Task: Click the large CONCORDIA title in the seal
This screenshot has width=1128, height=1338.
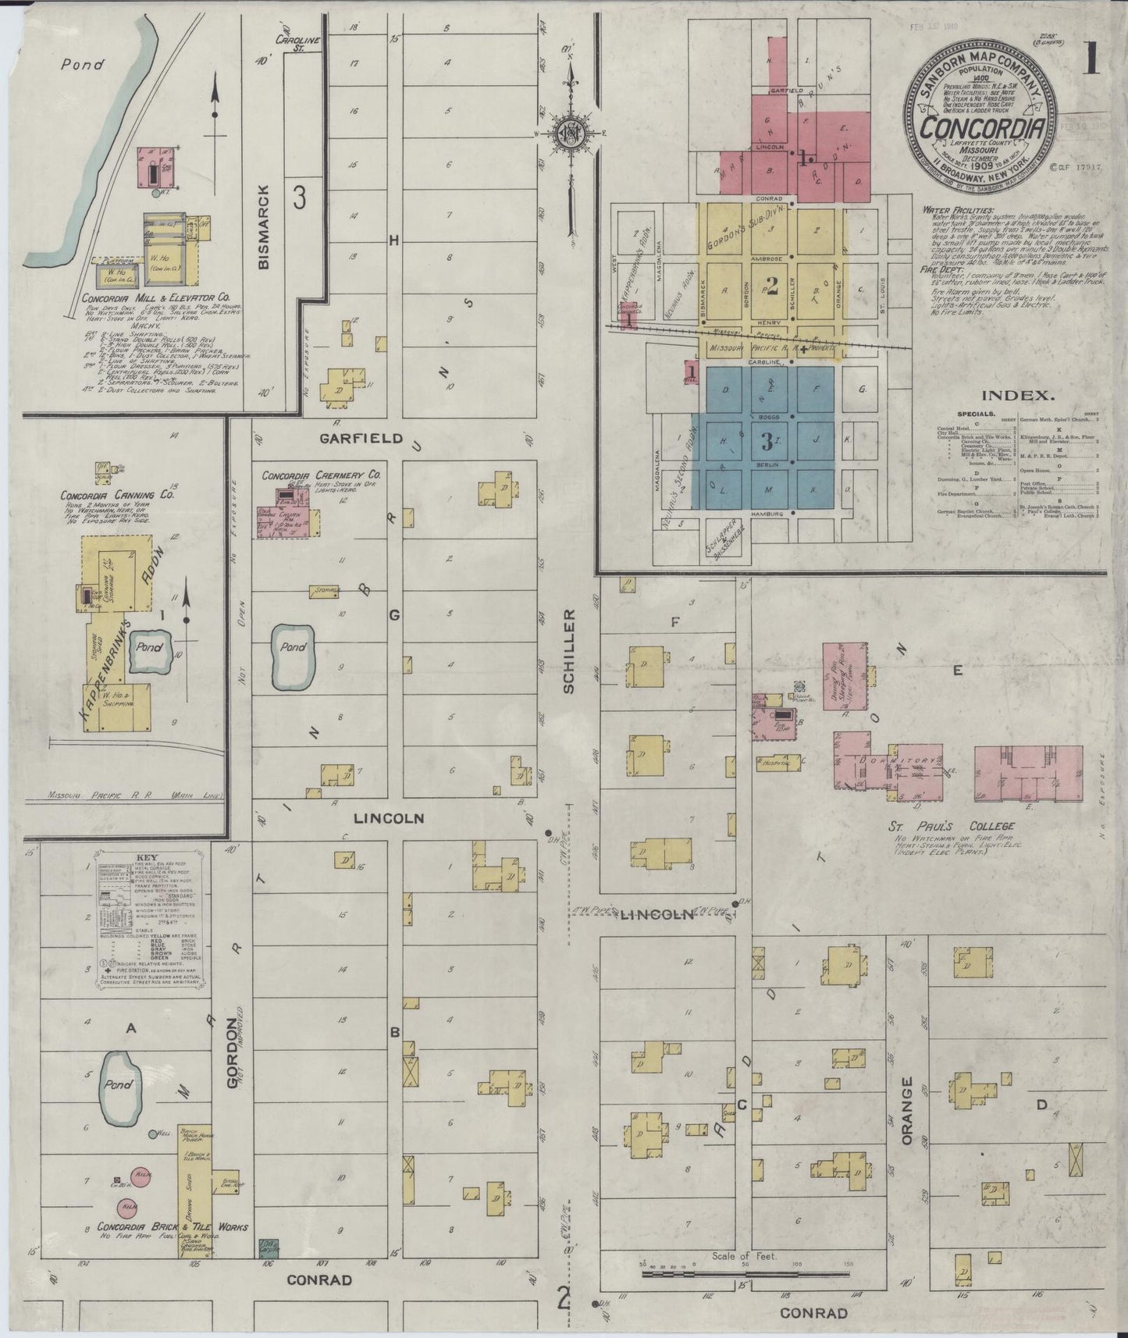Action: pyautogui.click(x=981, y=127)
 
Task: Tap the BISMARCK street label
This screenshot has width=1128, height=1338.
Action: pyautogui.click(x=264, y=227)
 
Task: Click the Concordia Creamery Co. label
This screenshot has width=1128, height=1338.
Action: pyautogui.click(x=321, y=475)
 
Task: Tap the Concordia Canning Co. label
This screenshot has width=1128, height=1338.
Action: pyautogui.click(x=117, y=495)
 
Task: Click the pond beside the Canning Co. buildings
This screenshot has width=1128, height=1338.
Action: pyautogui.click(x=150, y=649)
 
